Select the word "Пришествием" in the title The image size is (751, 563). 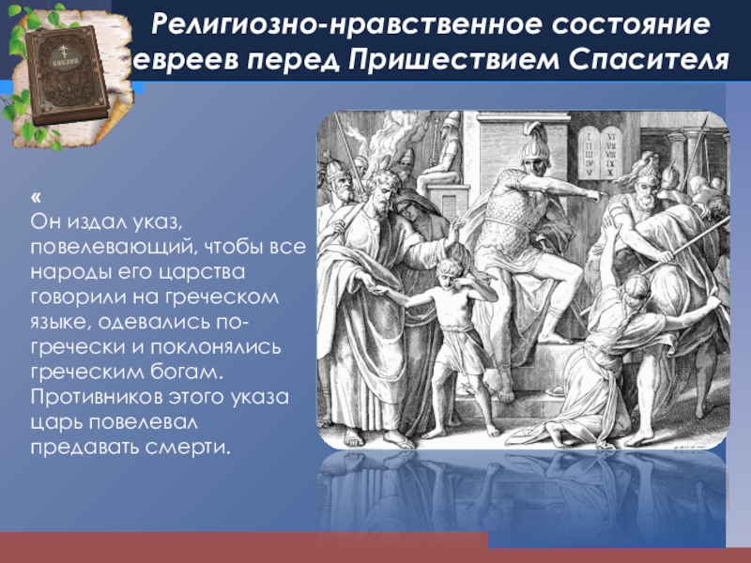click(x=453, y=61)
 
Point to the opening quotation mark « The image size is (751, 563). click(x=36, y=197)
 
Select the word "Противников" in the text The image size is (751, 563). click(x=97, y=397)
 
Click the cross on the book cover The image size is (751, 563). click(x=61, y=51)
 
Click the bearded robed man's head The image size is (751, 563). click(x=382, y=190)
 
